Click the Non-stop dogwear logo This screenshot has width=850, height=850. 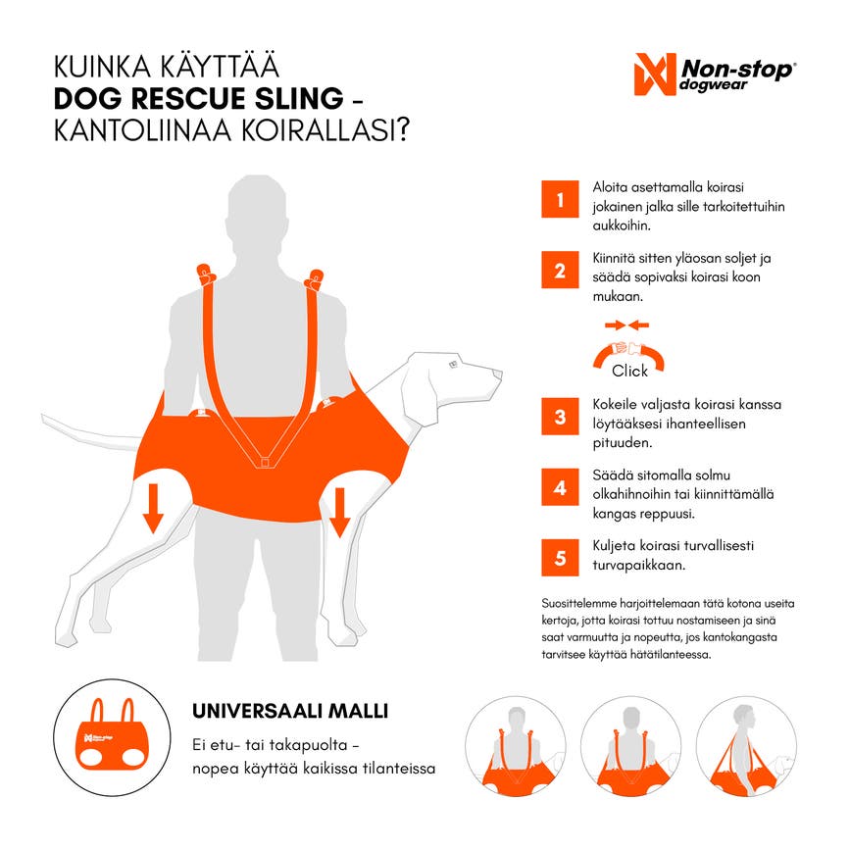[x=715, y=75]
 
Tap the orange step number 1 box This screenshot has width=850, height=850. [x=560, y=199]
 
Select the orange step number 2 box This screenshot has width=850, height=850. [x=560, y=270]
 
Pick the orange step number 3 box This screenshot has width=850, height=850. [x=560, y=417]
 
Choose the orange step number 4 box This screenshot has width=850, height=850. [x=560, y=487]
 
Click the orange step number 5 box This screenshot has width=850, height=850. [x=560, y=557]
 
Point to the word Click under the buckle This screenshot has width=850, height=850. [x=629, y=371]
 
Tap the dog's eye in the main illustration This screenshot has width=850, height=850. [x=454, y=365]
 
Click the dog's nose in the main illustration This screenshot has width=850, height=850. [x=498, y=374]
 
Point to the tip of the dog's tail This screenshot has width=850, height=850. [x=43, y=418]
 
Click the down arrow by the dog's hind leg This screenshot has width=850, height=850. [x=153, y=508]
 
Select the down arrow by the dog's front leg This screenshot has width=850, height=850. [x=340, y=513]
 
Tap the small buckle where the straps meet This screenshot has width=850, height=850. [x=265, y=463]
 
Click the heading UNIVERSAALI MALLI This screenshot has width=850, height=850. [x=290, y=711]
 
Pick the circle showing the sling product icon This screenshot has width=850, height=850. [x=112, y=737]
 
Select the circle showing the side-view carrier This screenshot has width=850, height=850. [x=746, y=746]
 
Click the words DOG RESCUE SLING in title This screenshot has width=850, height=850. [x=198, y=99]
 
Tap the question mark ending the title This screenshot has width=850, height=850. [x=402, y=130]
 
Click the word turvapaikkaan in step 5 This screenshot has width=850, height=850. [x=638, y=565]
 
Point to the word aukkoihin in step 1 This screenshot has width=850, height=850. [x=622, y=225]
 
